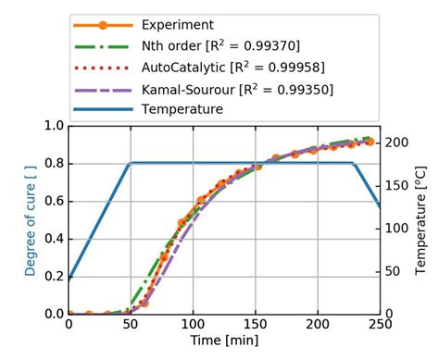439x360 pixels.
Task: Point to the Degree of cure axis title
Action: pos(31,219)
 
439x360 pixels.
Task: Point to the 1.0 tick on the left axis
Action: pos(54,125)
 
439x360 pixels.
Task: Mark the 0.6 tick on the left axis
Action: pos(54,201)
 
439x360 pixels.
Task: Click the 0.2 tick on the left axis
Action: pos(54,277)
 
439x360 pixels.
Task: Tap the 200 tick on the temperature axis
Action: pos(396,143)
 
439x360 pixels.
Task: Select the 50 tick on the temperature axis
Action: pos(394,272)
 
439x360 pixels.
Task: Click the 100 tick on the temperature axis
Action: pos(396,229)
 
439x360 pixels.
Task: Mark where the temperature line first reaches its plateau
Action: pos(131,163)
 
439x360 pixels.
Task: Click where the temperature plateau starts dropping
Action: pos(354,163)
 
